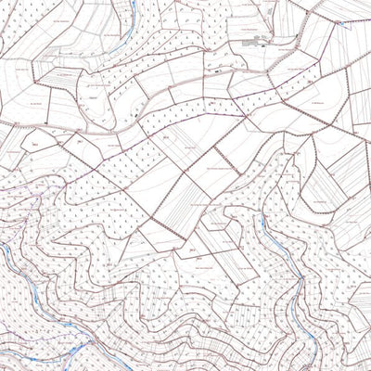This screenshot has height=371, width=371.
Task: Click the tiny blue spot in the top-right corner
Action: [350, 24]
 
